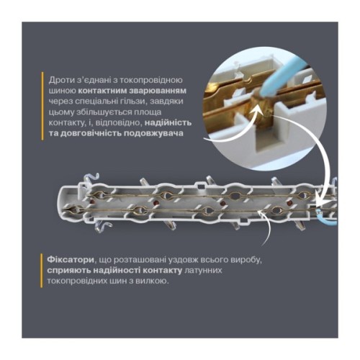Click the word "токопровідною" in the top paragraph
(x=152, y=77)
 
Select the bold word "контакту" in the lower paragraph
(x=166, y=269)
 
